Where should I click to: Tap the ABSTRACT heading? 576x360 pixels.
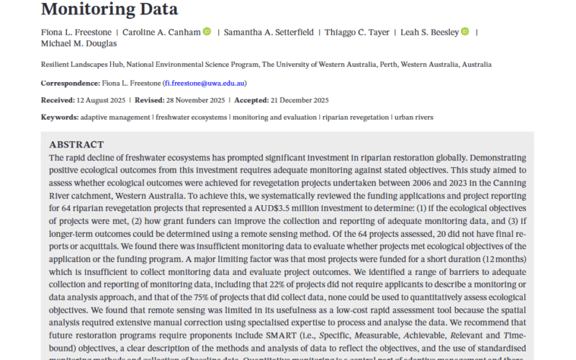pos(76,145)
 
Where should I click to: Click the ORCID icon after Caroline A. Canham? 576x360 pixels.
pos(207,32)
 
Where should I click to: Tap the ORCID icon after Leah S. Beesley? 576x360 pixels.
pos(464,32)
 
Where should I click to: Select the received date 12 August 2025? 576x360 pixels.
pos(98,100)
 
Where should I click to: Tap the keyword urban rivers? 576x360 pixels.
pos(413,117)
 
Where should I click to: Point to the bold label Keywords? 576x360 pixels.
pos(59,117)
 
